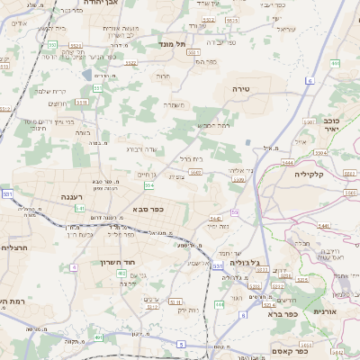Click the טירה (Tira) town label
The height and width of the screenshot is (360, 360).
240,89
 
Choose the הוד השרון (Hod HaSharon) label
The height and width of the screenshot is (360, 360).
118,263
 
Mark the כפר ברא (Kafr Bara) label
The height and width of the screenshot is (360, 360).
282,314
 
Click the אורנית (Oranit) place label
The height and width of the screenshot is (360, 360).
325,310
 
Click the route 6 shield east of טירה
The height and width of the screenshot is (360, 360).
309,80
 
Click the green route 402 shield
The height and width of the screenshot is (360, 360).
121,284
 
